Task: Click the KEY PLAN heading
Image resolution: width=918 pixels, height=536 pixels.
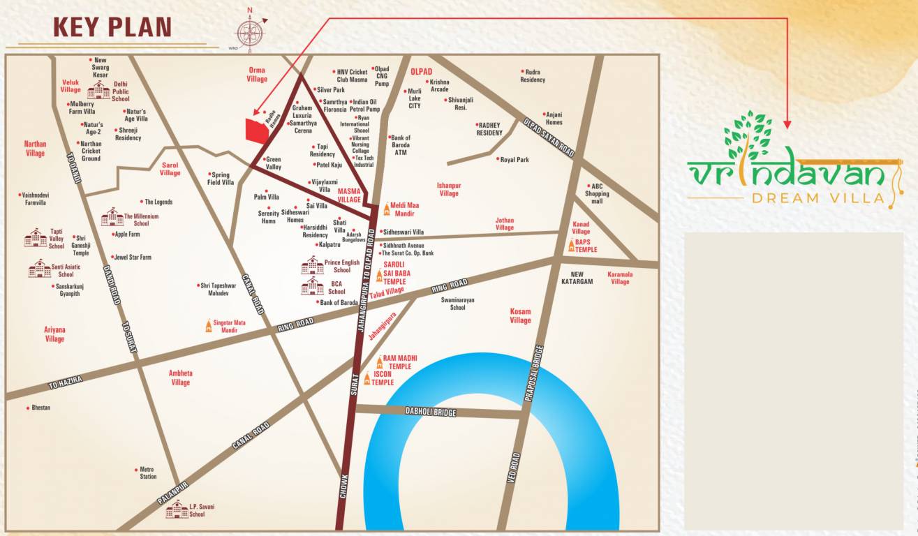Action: click(112, 27)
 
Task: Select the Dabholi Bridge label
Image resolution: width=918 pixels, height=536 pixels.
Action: click(431, 412)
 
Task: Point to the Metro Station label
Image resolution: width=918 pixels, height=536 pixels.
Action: click(148, 473)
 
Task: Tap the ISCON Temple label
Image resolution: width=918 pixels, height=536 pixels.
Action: click(383, 378)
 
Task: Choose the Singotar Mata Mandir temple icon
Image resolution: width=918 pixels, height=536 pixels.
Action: click(208, 326)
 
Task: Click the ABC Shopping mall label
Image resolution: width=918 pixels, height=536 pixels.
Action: click(597, 193)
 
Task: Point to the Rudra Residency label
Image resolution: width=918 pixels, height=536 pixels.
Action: click(533, 75)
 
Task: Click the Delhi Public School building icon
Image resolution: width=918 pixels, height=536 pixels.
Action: click(98, 90)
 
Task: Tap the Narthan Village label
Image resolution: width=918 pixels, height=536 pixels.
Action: click(35, 149)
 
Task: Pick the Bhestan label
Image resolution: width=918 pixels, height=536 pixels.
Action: click(40, 408)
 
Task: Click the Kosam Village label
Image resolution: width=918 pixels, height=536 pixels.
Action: click(520, 316)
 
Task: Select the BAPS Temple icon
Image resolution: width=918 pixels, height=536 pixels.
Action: click(572, 246)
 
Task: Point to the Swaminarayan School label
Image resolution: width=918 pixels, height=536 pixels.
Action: click(457, 304)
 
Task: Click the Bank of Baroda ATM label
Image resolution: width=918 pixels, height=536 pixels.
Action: click(401, 145)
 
